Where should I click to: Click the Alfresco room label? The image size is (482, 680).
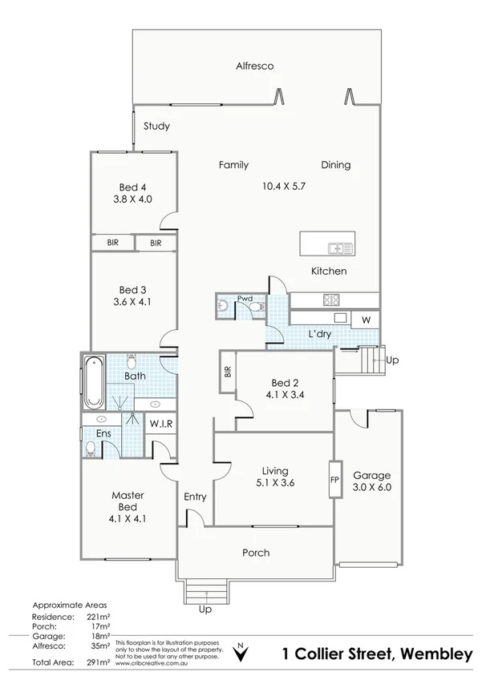tap(254, 66)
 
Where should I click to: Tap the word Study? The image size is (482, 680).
tap(156, 126)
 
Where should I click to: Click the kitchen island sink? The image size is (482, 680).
tap(339, 247)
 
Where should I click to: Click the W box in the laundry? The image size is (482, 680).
tap(366, 320)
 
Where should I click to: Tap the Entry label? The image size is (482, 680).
tap(195, 497)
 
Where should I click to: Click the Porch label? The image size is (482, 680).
tap(256, 553)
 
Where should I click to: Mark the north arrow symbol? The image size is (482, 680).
tap(239, 654)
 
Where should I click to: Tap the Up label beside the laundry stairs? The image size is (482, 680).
tap(392, 360)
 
